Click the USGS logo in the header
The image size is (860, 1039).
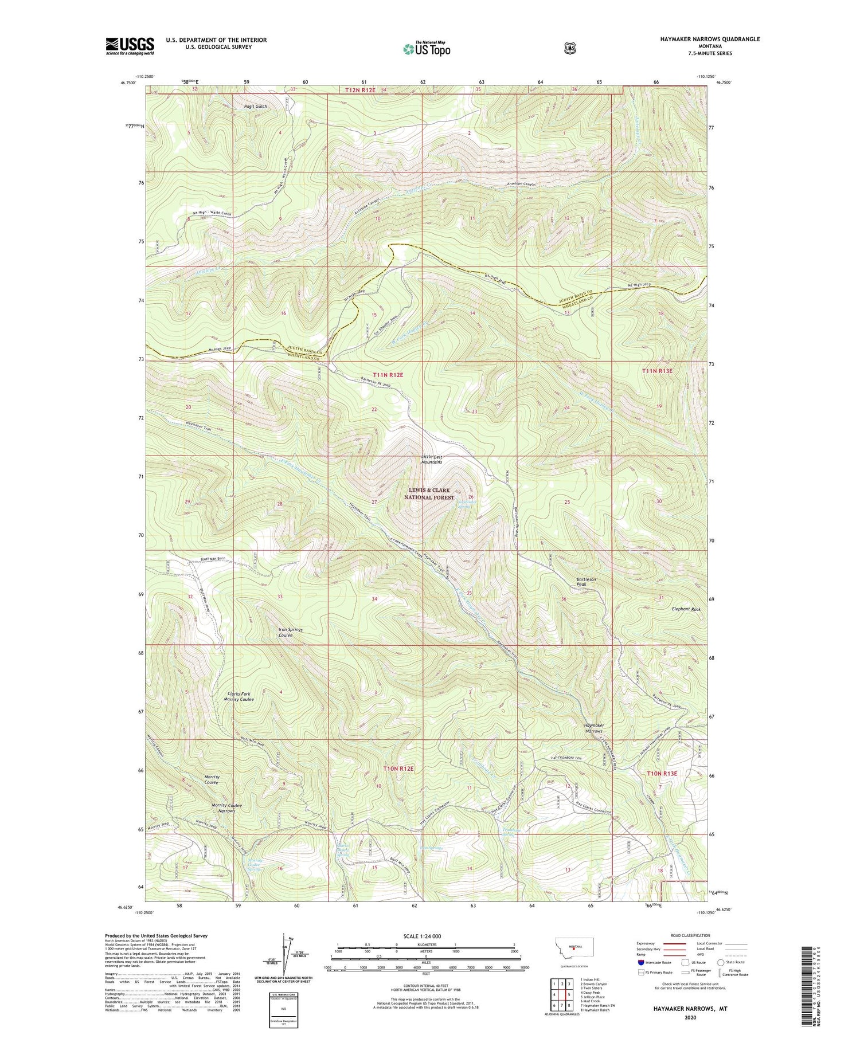[x=130, y=46]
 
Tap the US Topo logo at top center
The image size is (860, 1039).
[x=426, y=49]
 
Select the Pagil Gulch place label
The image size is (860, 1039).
[x=256, y=107]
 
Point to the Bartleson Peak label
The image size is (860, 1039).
[x=586, y=582]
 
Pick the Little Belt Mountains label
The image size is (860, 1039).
[x=432, y=459]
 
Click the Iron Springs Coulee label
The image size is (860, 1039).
[x=290, y=632]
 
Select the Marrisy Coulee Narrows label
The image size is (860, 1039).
[x=227, y=808]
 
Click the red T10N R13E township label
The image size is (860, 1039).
[x=662, y=773]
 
